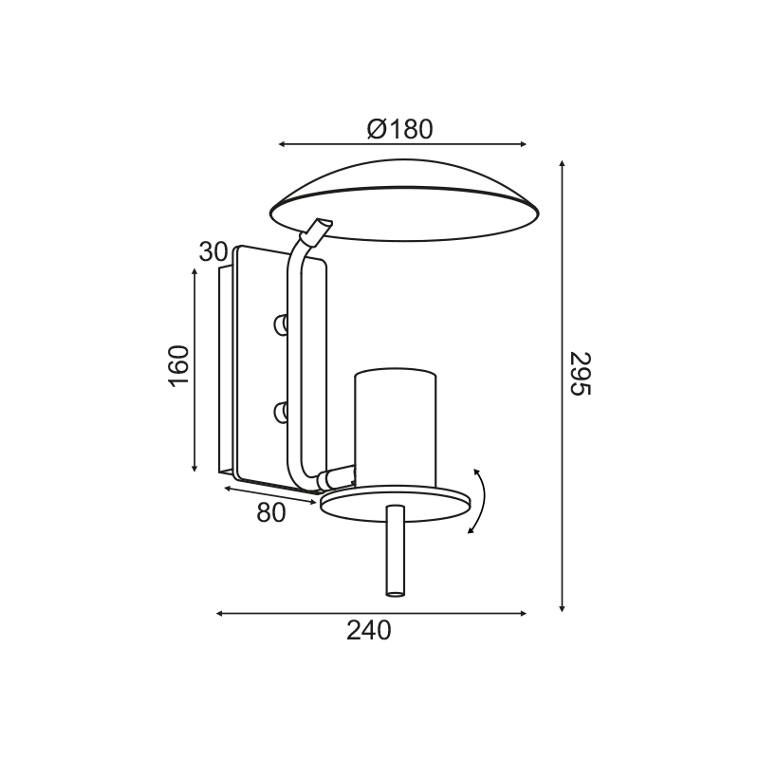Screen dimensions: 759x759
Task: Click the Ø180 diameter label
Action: [399, 129]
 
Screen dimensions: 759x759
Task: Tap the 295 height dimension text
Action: [580, 373]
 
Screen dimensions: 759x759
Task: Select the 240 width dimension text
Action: [368, 630]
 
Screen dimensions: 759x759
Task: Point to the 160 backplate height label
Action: [178, 366]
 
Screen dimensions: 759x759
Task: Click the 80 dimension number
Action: [271, 512]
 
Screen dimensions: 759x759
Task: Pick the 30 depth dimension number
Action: [213, 251]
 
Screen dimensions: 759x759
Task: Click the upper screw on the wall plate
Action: [280, 324]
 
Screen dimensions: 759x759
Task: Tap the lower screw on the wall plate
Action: [280, 413]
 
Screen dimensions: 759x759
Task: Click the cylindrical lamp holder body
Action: [395, 429]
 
